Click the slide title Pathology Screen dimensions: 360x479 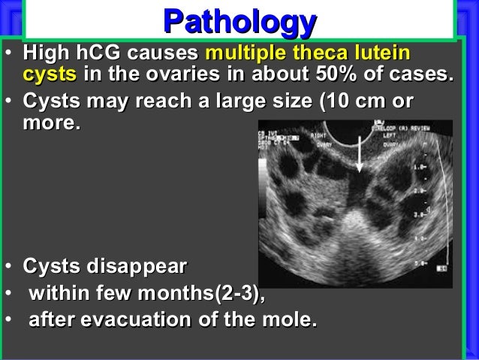(239, 22)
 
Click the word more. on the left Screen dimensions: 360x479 (52, 123)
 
